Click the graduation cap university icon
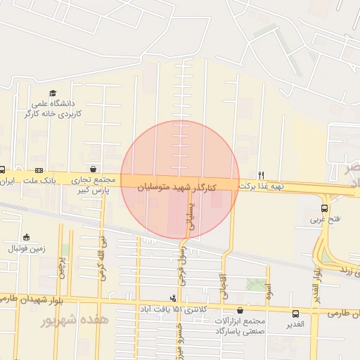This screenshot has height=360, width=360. (53, 93)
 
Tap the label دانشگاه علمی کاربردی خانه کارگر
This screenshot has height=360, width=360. (54, 108)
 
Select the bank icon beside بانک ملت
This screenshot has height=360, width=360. (39, 170)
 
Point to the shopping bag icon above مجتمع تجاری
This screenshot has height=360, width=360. (92, 169)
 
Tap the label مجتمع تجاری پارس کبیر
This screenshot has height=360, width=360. (92, 184)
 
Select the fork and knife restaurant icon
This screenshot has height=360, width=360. (261, 175)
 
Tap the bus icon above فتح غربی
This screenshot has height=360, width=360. (324, 208)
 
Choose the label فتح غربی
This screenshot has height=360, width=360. (326, 219)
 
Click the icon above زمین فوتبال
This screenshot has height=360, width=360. (27, 237)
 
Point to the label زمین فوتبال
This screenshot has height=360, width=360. (26, 249)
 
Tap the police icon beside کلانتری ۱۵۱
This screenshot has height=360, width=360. (174, 298)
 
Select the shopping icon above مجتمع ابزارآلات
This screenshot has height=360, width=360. (240, 309)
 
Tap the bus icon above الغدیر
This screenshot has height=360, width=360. (295, 314)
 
